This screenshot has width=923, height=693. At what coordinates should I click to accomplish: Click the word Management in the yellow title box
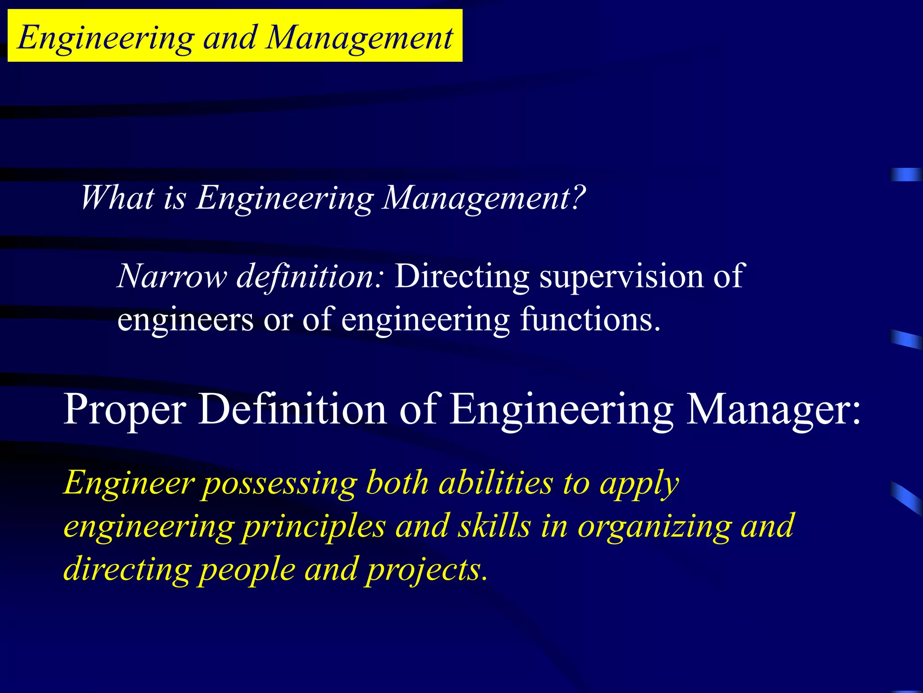(x=359, y=38)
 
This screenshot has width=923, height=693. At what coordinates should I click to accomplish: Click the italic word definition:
(x=310, y=276)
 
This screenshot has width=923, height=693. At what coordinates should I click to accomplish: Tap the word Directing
(x=462, y=276)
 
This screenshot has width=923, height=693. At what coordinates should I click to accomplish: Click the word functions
(x=590, y=319)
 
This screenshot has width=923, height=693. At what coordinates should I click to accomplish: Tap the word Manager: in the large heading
(x=773, y=410)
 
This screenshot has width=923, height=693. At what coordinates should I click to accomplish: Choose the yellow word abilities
(x=496, y=483)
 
